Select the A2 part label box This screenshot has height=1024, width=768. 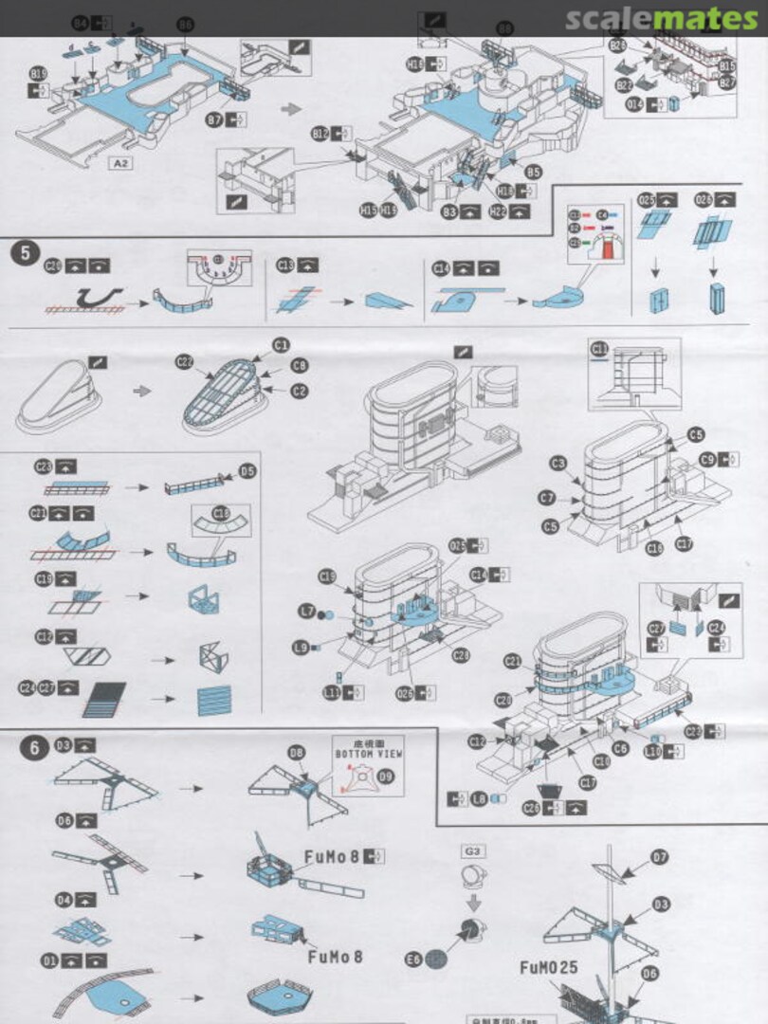tap(121, 163)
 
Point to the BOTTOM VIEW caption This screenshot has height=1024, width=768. tap(368, 753)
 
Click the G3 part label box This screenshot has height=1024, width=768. tap(471, 850)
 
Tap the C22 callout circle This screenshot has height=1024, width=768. tap(184, 361)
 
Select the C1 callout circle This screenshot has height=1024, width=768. tap(281, 344)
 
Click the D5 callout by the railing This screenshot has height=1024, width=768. tap(247, 470)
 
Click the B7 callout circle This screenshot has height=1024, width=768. tap(215, 120)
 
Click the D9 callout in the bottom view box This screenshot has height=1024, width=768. tap(386, 775)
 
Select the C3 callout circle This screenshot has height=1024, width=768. tap(558, 462)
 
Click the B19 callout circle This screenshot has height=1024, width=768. tap(38, 74)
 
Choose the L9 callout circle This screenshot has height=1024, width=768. tap(302, 648)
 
